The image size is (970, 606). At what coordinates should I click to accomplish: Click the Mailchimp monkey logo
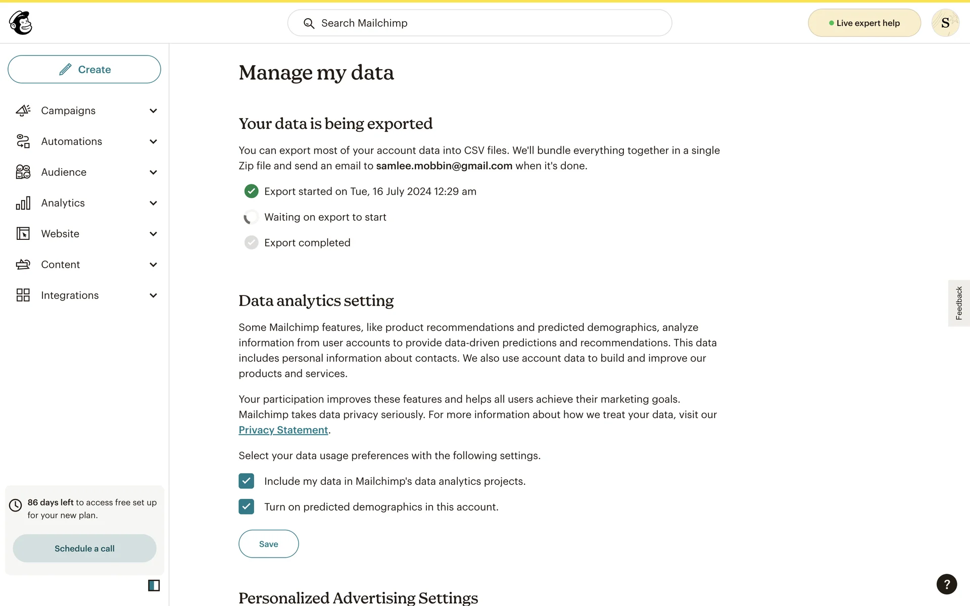point(21,23)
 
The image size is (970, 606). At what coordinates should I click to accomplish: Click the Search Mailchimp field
point(479,23)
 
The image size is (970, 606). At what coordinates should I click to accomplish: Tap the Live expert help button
point(864,23)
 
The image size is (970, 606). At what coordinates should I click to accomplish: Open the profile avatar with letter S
point(945,23)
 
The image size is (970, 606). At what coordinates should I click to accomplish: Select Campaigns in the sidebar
point(68,111)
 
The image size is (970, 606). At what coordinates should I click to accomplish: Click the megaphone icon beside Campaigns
point(23,111)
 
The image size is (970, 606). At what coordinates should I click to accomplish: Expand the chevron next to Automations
point(153,142)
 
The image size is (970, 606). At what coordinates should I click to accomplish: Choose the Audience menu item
point(64,172)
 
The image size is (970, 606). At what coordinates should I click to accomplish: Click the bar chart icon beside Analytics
point(23,203)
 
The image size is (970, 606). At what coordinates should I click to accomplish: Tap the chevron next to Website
point(153,234)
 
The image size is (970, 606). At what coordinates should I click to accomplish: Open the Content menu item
point(61,265)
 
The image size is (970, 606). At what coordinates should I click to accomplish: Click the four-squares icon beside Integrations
point(23,295)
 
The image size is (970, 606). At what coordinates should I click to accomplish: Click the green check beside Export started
point(251,191)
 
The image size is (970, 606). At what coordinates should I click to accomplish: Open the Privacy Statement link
point(283,430)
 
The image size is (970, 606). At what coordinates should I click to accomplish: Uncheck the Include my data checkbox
point(247,481)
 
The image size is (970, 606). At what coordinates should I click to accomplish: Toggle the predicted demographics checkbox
point(247,507)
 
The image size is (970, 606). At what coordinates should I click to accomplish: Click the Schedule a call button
point(84,548)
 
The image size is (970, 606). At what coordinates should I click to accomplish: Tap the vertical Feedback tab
point(958,303)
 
